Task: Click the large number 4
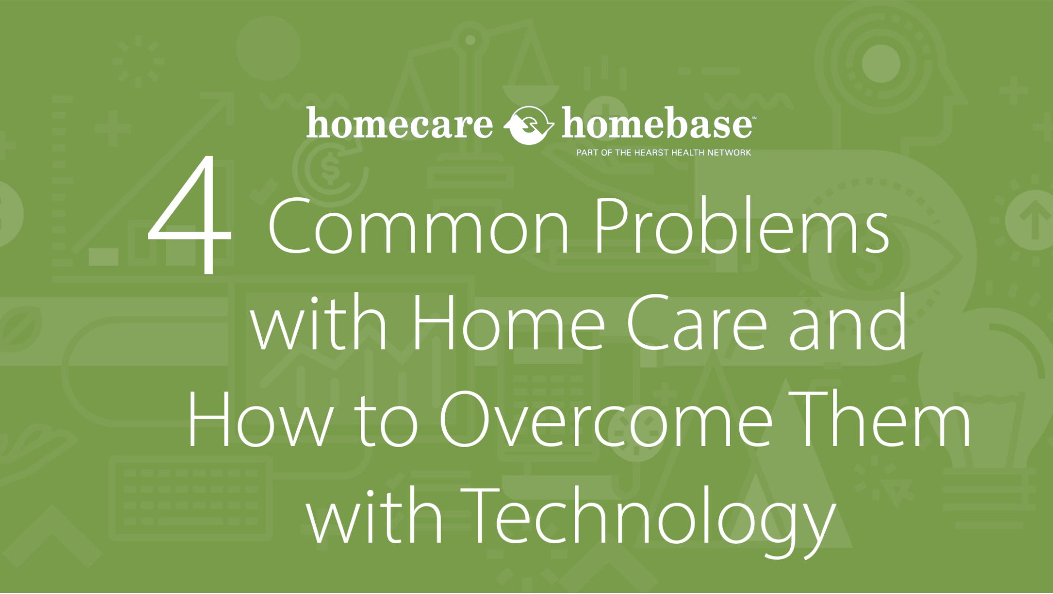tap(190, 216)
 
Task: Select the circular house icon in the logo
tap(528, 124)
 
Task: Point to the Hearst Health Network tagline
tap(663, 153)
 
